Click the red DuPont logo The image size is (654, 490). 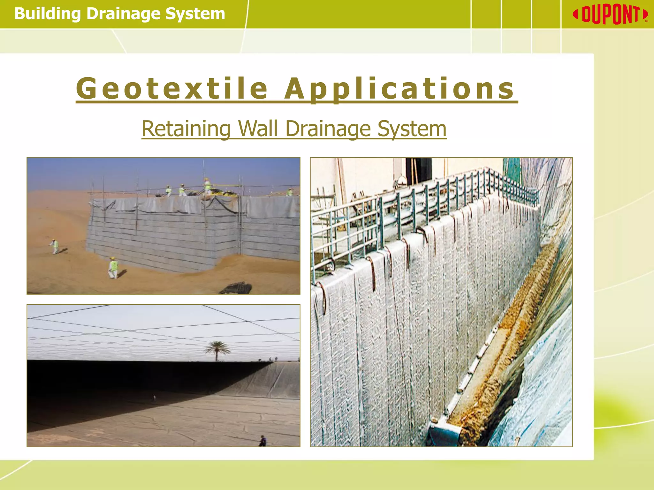click(x=610, y=15)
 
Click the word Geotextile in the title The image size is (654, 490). click(x=172, y=88)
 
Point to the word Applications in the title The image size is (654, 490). click(x=399, y=89)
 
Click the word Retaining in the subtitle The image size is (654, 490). click(x=186, y=129)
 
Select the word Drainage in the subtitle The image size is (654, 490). click(x=328, y=129)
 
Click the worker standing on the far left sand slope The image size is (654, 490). click(x=55, y=246)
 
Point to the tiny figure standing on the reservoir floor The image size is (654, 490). click(x=154, y=398)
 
